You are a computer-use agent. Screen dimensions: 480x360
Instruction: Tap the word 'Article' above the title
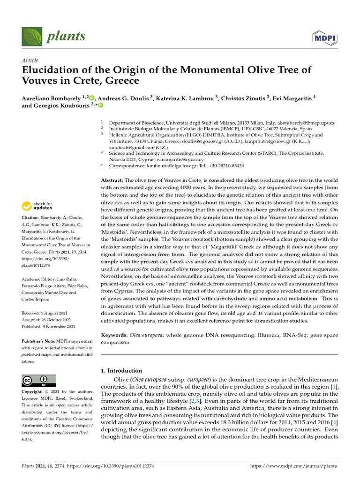(30, 61)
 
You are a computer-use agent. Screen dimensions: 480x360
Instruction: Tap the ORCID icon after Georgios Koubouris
(100, 106)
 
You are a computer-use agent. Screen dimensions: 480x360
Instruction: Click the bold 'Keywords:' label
(115, 336)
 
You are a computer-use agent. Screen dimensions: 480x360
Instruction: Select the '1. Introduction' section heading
(122, 370)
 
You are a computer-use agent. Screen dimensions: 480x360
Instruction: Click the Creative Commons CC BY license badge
(39, 380)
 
